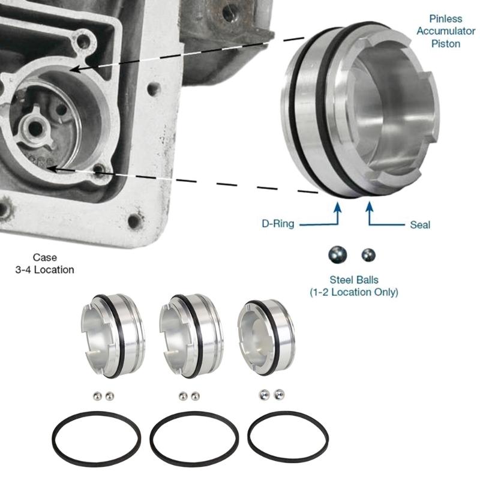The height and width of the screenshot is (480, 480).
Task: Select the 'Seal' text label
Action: [x=419, y=224]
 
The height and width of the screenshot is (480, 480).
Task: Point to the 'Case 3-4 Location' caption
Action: [x=45, y=264]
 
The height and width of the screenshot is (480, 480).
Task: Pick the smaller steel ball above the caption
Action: [x=367, y=255]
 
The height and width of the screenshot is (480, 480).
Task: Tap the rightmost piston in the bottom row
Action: [x=265, y=337]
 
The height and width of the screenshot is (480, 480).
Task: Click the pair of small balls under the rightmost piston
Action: [x=271, y=394]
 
